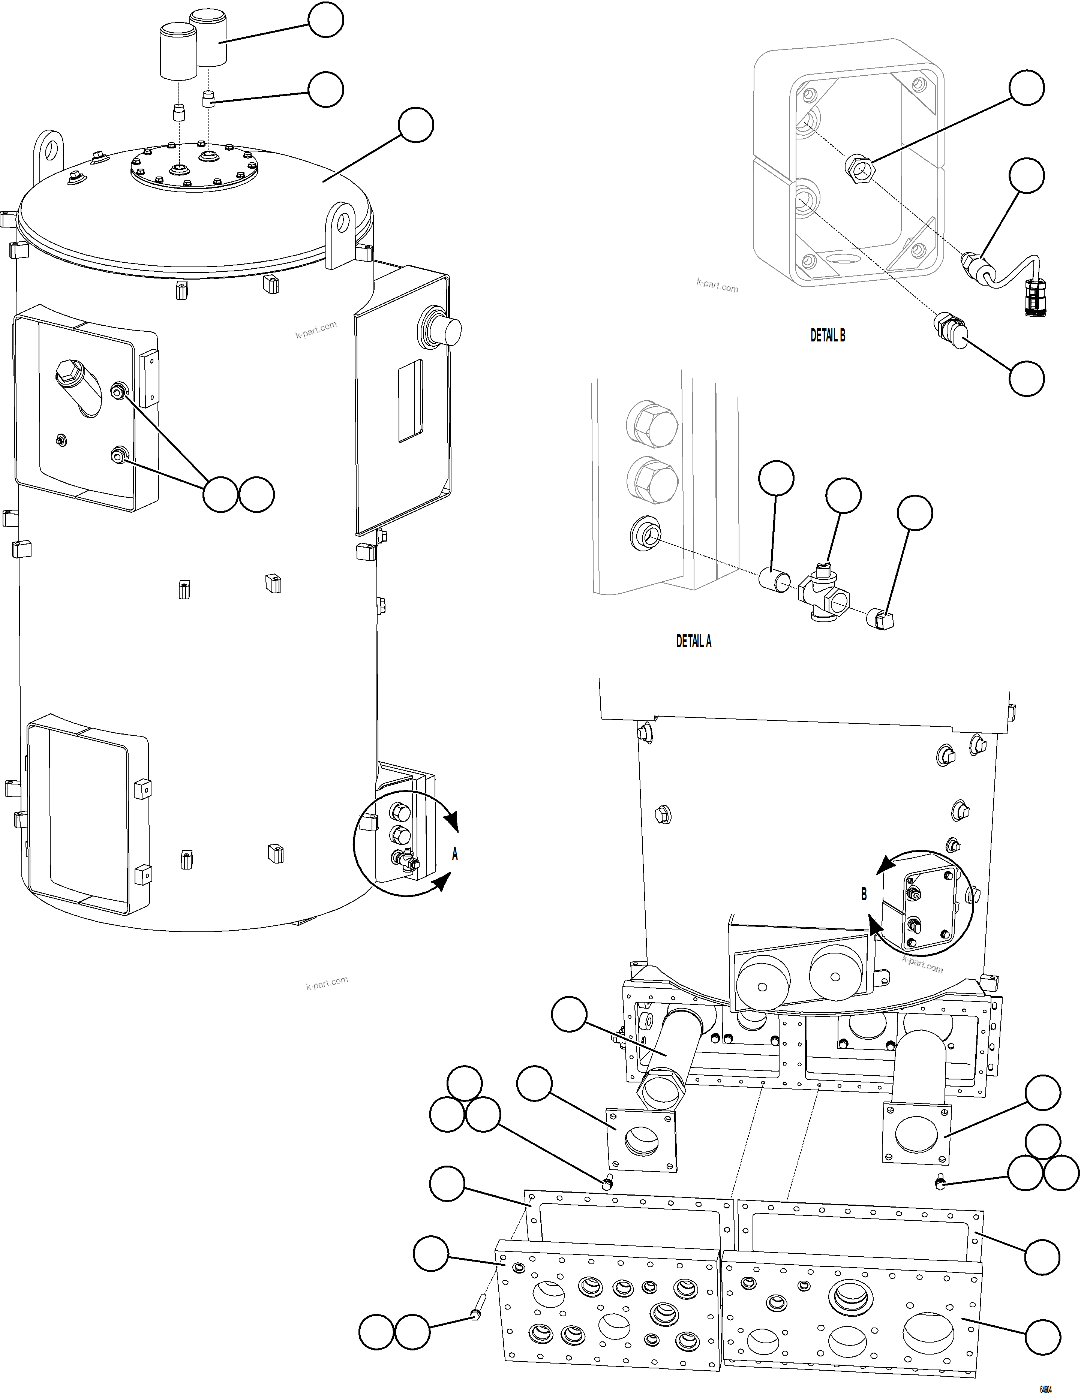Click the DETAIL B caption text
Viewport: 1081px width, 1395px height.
coord(828,336)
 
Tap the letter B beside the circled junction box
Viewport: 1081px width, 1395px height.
coord(864,894)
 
